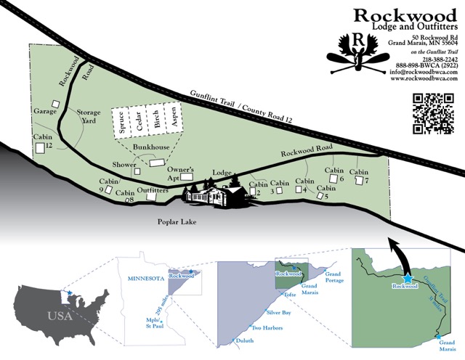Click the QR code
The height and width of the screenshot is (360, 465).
pos(433,113)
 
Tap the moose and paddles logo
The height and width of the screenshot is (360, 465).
pos(358,54)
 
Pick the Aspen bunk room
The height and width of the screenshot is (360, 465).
pos(174,118)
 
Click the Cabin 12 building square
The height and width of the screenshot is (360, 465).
pos(40,148)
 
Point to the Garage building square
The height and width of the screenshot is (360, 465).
pos(55,104)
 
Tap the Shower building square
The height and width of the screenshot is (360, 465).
pos(137,171)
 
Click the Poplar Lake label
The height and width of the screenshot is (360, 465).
pos(177,221)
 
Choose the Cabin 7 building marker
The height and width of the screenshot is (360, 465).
pos(359,180)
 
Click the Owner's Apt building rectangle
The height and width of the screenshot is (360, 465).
pos(187,177)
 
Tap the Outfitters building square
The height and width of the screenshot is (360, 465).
pos(152,197)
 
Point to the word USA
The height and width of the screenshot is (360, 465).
pos(60,316)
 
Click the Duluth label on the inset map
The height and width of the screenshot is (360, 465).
pos(245,340)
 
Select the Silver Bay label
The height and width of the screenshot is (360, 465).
pos(278,312)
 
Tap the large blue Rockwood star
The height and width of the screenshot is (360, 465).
pos(408,279)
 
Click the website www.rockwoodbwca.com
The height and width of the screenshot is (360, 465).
pos(424,78)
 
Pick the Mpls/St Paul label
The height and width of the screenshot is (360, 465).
pos(155,323)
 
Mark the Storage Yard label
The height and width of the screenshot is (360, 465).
pos(89,116)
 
